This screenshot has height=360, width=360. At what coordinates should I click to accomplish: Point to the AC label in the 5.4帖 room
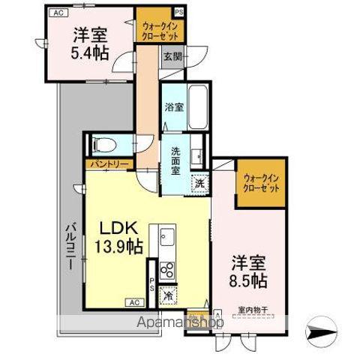click(x=56, y=12)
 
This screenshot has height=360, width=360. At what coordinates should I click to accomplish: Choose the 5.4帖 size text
click(x=88, y=53)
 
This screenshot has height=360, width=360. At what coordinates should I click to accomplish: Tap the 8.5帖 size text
click(x=247, y=282)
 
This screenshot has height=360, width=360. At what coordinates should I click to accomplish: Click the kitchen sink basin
click(x=166, y=241)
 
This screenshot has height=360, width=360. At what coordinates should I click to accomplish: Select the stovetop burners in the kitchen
click(x=166, y=270)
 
